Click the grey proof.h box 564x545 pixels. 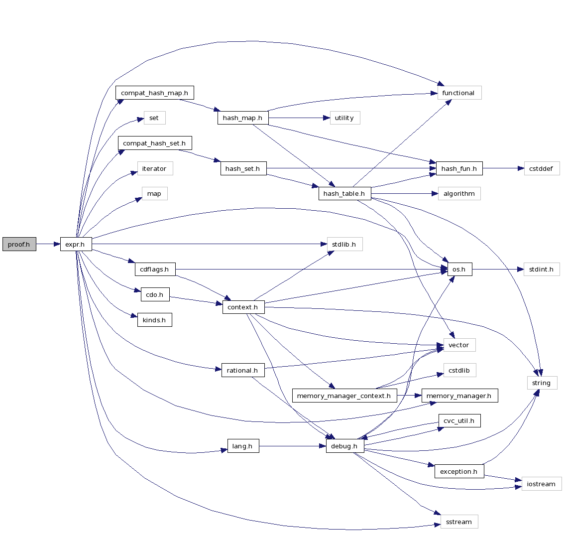pyautogui.click(x=19, y=244)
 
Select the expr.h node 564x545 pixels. pyautogui.click(x=76, y=244)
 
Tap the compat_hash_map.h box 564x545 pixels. pyautogui.click(x=154, y=93)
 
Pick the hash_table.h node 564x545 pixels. pyautogui.click(x=344, y=194)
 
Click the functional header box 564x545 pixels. pyautogui.click(x=459, y=93)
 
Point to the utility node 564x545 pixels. pyautogui.click(x=344, y=118)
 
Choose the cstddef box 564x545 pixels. pyautogui.click(x=542, y=168)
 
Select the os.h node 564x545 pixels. pyautogui.click(x=459, y=270)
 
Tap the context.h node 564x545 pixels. pyautogui.click(x=243, y=307)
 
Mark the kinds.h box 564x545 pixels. pyautogui.click(x=154, y=320)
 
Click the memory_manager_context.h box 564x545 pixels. pyautogui.click(x=344, y=396)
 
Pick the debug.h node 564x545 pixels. pyautogui.click(x=344, y=446)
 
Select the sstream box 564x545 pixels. pyautogui.click(x=459, y=522)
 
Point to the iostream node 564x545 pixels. pyautogui.click(x=541, y=484)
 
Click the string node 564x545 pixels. pyautogui.click(x=542, y=383)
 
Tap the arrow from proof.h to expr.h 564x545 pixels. pyautogui.click(x=48, y=244)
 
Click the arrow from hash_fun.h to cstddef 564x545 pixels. pyautogui.click(x=503, y=168)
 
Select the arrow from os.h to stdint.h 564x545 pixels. pyautogui.click(x=498, y=270)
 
